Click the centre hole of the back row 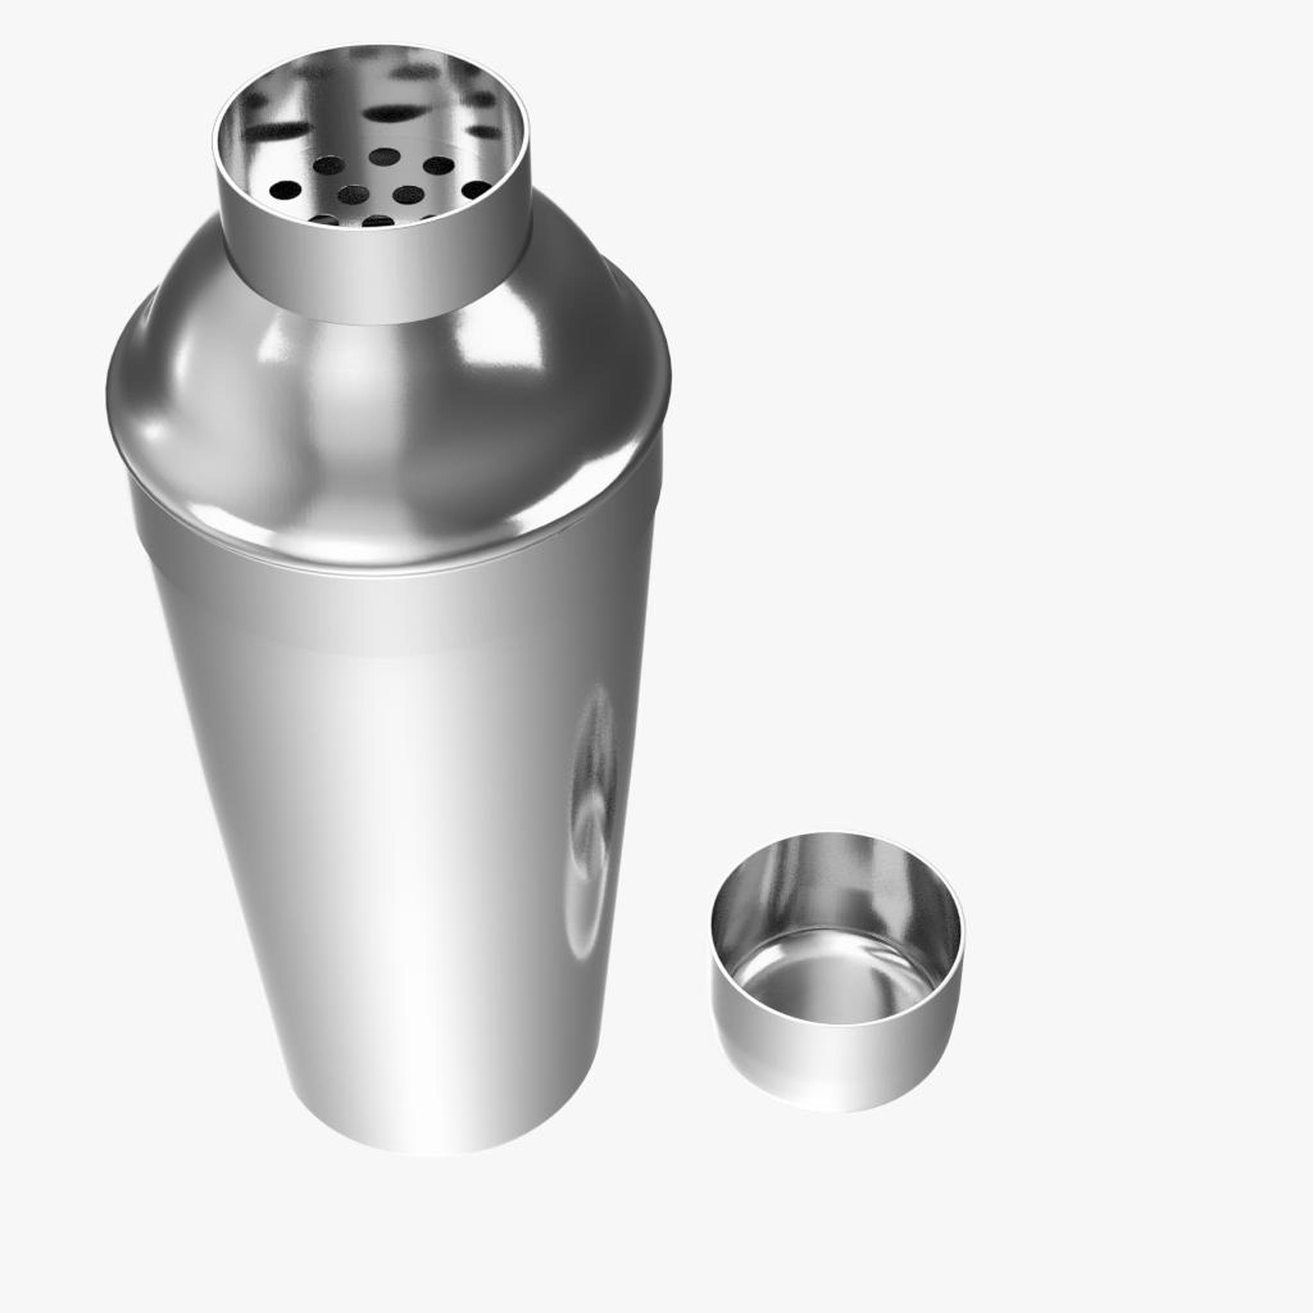click(384, 157)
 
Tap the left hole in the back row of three click(329, 165)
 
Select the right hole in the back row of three click(439, 165)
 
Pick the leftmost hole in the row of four click(285, 190)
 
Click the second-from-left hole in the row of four click(353, 195)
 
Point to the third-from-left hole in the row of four click(408, 195)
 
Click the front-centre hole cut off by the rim click(378, 222)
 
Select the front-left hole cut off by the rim click(324, 219)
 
